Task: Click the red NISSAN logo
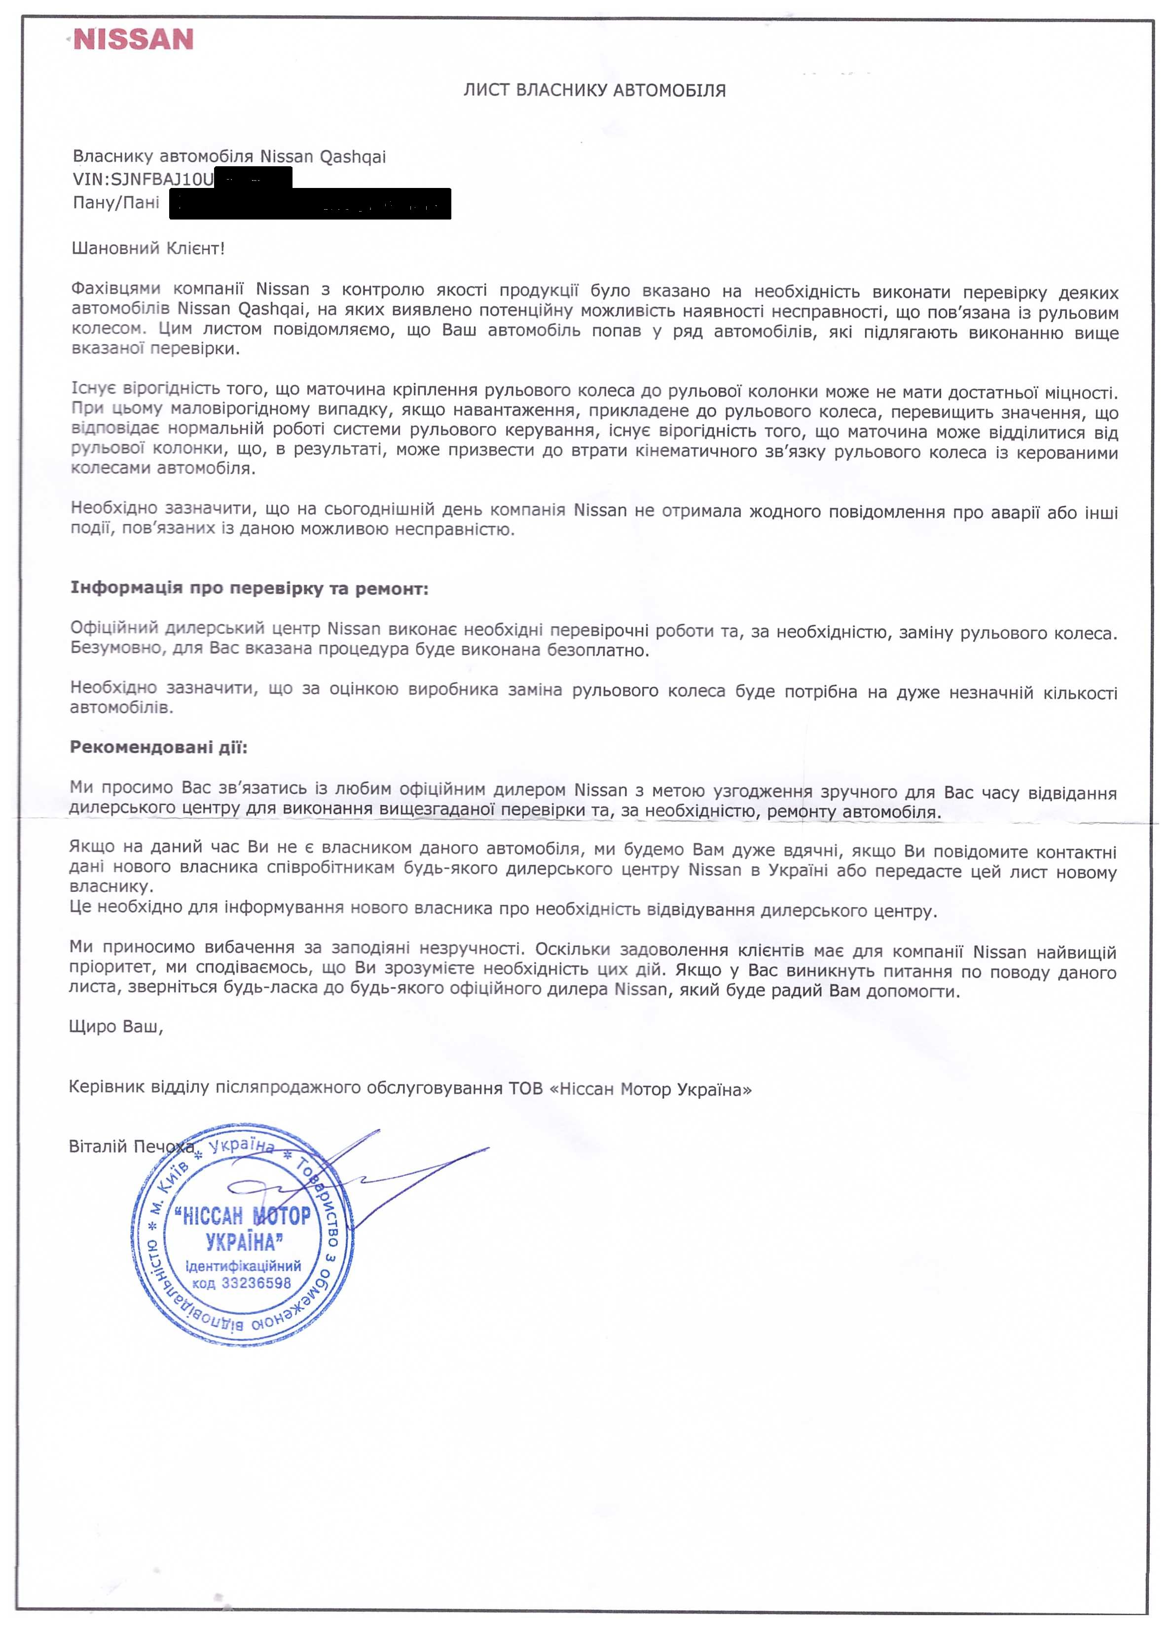pos(133,39)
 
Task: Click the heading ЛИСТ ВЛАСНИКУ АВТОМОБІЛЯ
pos(594,90)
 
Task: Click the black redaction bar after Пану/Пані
pos(310,204)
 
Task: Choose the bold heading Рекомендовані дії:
pos(158,747)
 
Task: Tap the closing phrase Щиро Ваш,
pos(116,1026)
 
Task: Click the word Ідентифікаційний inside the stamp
pos(243,1265)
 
